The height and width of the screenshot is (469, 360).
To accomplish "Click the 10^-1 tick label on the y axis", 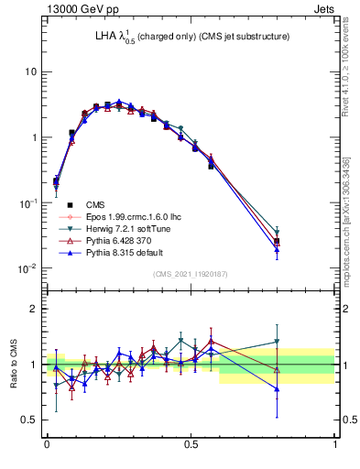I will coord(27,202).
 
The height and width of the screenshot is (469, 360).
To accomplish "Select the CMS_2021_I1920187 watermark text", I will coord(191,274).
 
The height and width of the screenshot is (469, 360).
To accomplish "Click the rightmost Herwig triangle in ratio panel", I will coord(277,343).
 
